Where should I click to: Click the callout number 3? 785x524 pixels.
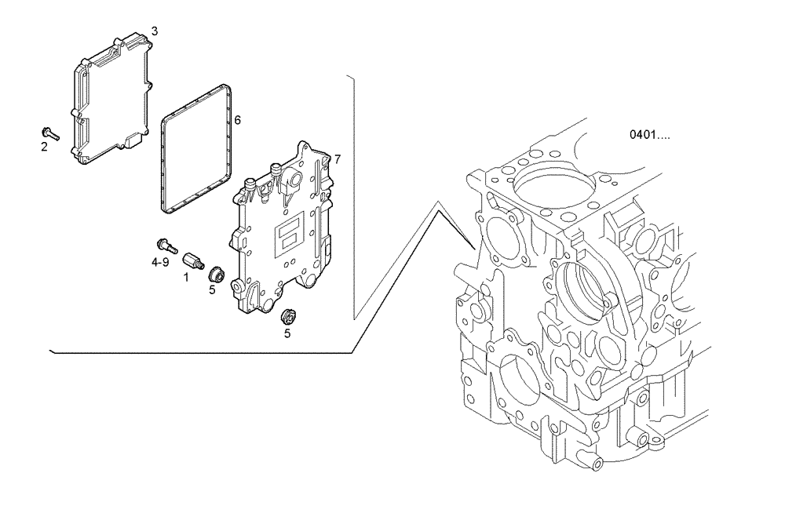point(155,31)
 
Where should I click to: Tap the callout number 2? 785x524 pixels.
point(44,146)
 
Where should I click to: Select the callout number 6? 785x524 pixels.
point(237,120)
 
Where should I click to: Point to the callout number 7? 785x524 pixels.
point(337,159)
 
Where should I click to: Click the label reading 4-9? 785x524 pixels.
point(160,262)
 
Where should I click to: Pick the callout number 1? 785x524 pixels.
point(186,277)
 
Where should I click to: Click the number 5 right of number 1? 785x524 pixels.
point(212,289)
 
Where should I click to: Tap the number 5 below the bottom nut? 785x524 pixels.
point(287,333)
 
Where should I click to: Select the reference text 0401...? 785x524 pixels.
point(649,135)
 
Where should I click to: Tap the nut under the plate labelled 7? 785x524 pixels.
point(288,317)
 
